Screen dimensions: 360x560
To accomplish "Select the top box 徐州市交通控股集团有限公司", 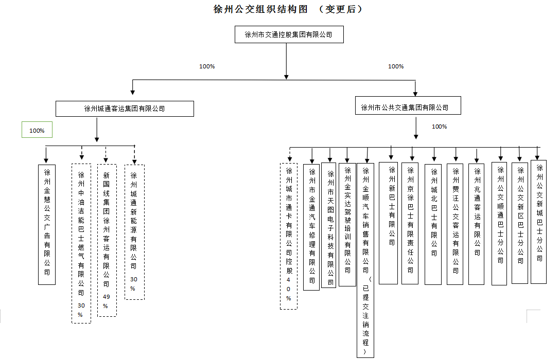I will pos(288,35).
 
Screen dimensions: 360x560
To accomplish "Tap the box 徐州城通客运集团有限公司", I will pos(125,109).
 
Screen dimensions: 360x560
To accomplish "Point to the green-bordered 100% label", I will pos(37,131).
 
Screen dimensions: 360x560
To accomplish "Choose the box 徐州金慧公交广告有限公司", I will pos(47,224).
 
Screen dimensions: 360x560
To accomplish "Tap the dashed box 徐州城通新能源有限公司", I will pos(134,232).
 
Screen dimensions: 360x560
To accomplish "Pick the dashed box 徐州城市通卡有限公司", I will pos(289,236).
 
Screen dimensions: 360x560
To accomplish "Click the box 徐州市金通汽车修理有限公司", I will pos(311,227).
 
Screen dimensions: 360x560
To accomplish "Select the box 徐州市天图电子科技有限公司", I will pos(329,225).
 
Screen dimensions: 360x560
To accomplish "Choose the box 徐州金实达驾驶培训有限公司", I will pos(347,224).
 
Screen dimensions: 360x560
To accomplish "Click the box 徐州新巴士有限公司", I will pos(392,223).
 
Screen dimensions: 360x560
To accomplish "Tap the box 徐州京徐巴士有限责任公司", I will pos(410,223).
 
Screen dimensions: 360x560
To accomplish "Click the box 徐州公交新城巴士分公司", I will pos(539,222).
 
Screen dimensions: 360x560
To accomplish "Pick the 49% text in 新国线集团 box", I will pos(107,297).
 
